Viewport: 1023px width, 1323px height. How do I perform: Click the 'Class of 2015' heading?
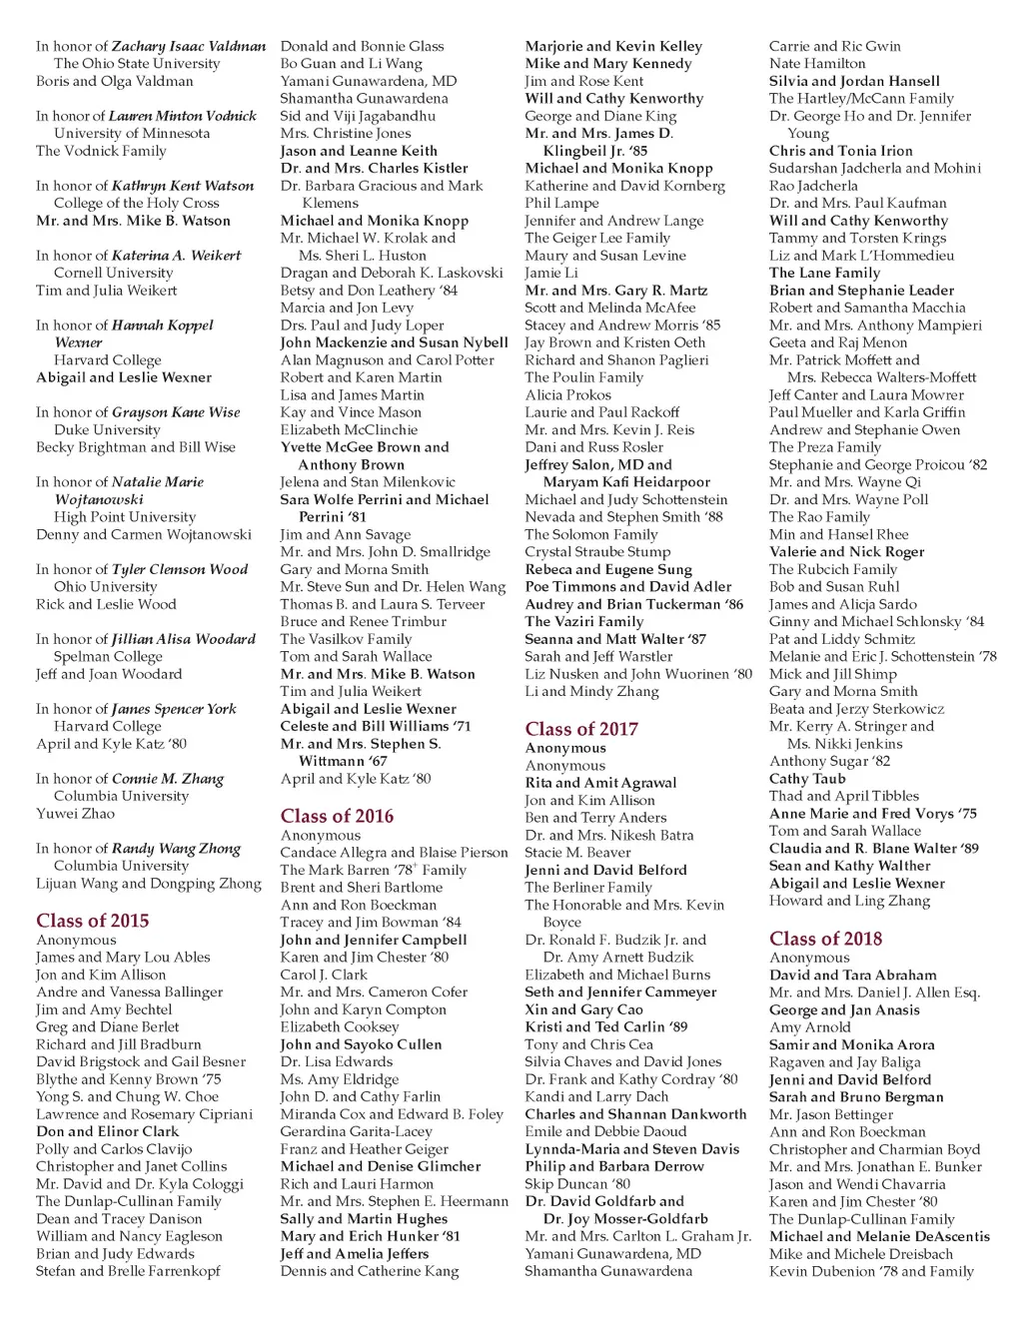coord(92,921)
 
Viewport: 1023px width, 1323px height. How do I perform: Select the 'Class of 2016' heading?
coord(337,816)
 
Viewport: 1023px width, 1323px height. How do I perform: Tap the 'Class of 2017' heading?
coord(581,729)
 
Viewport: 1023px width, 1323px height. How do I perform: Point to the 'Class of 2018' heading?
coord(825,939)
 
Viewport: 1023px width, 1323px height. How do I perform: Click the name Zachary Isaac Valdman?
coord(189,46)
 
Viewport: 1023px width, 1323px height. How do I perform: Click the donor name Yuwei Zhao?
coord(75,813)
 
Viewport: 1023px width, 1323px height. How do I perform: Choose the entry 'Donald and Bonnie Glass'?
coord(362,46)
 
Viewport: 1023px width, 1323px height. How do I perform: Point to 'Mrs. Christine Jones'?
coord(346,133)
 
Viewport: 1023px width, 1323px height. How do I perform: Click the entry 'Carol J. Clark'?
coord(324,974)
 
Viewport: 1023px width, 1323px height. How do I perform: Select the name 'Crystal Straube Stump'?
coord(597,551)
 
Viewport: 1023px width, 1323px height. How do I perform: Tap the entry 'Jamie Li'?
coord(551,273)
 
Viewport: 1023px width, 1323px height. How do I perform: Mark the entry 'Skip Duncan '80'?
coord(577,1183)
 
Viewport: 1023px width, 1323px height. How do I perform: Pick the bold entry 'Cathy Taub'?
coord(807,778)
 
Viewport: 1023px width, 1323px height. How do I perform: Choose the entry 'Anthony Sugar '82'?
coord(829,761)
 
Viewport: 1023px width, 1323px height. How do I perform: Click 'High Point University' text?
coord(125,516)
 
